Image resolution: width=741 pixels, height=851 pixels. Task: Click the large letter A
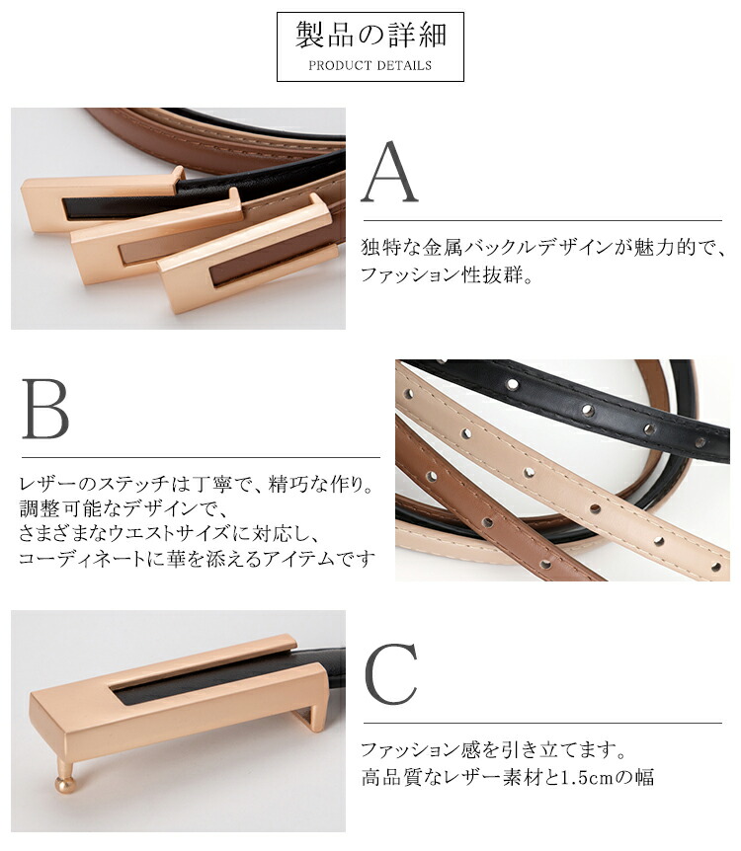coord(389,173)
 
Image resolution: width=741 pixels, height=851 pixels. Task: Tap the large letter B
coord(45,408)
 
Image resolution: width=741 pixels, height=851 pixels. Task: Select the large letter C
coord(391,673)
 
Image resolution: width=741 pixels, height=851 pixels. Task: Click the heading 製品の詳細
coord(370,36)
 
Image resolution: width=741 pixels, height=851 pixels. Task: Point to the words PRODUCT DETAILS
coord(370,66)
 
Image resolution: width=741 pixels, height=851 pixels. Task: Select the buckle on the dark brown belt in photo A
coord(247,255)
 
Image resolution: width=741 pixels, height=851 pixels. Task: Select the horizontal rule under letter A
coord(542,221)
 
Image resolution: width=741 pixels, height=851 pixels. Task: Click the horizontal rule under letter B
coord(201,457)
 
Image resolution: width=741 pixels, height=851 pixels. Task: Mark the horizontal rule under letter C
coord(542,723)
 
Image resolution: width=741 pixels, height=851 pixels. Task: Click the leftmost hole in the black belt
coord(512,385)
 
